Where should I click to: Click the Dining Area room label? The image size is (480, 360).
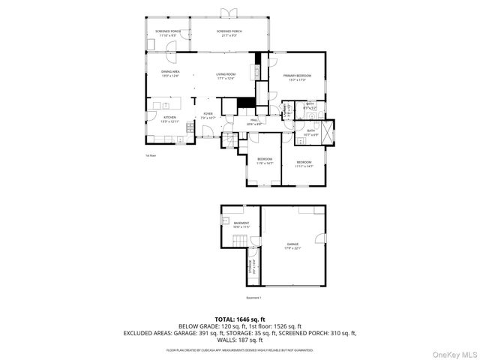pos(170,73)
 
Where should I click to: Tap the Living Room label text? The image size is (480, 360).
pos(226,74)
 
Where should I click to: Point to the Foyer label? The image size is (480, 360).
pos(208,115)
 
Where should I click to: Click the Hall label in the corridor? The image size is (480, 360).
pos(254,121)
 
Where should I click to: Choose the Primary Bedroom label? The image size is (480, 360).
pos(296,76)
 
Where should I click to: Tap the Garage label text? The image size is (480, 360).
pos(292,246)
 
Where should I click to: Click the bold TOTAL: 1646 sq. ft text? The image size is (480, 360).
pos(239,319)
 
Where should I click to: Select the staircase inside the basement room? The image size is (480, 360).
pos(239,241)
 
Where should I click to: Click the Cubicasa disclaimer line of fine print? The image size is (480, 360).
pos(239,349)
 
